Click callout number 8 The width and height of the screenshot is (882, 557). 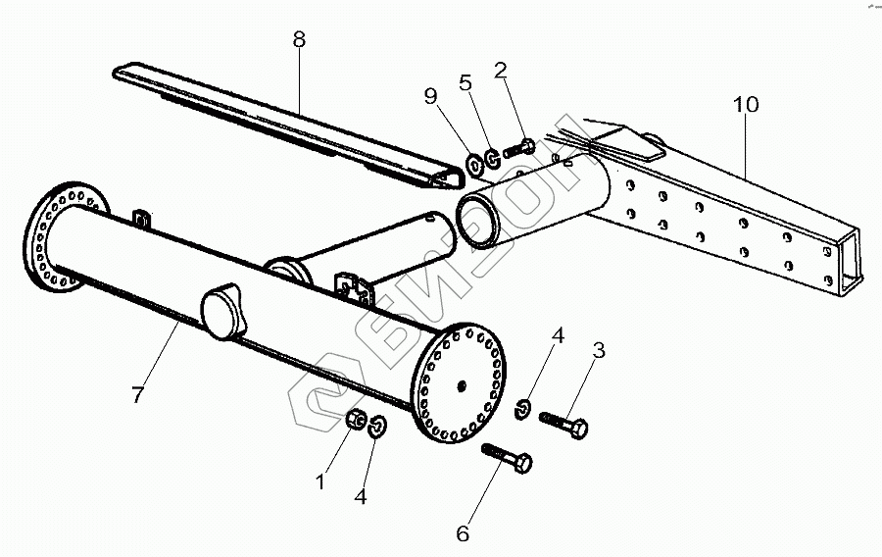pos(299,40)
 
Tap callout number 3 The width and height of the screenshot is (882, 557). pos(599,350)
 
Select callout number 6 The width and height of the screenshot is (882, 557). pos(463,533)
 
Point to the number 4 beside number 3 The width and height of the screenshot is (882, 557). pos(558,337)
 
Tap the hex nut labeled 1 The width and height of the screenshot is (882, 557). pos(358,421)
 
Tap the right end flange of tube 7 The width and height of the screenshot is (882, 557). pos(460,383)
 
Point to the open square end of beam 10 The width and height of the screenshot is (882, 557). pos(851,264)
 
